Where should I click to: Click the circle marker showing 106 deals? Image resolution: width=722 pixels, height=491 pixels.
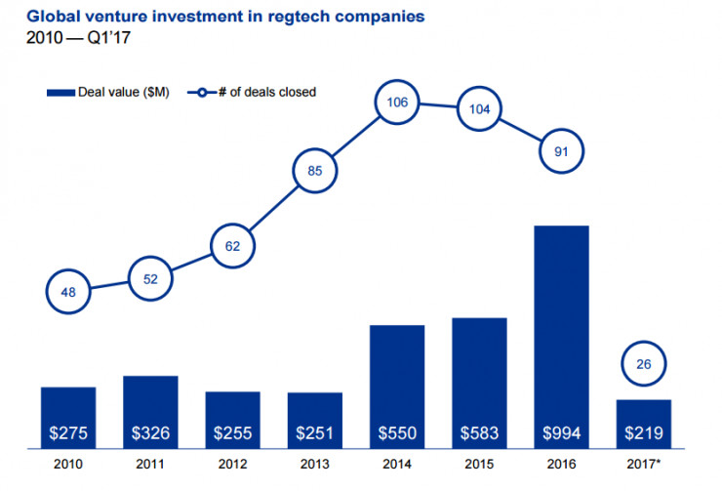pos(397,102)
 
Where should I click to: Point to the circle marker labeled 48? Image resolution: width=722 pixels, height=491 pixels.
pos(68,290)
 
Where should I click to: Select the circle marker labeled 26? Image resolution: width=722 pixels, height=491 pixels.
pos(643,365)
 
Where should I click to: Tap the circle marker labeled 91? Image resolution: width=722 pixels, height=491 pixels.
pos(561,151)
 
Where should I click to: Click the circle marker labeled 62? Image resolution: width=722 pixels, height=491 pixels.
pos(232,245)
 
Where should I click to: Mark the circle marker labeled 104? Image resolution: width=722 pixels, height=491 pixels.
pos(478,108)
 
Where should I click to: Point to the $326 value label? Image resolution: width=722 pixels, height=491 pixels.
pos(150,431)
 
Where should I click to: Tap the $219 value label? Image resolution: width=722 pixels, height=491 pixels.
pos(643,431)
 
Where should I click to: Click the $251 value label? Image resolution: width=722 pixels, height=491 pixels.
pos(315,431)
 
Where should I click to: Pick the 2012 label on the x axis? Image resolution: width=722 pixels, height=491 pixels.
pos(232,467)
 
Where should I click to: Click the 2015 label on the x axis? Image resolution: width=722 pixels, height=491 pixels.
pos(478,467)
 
